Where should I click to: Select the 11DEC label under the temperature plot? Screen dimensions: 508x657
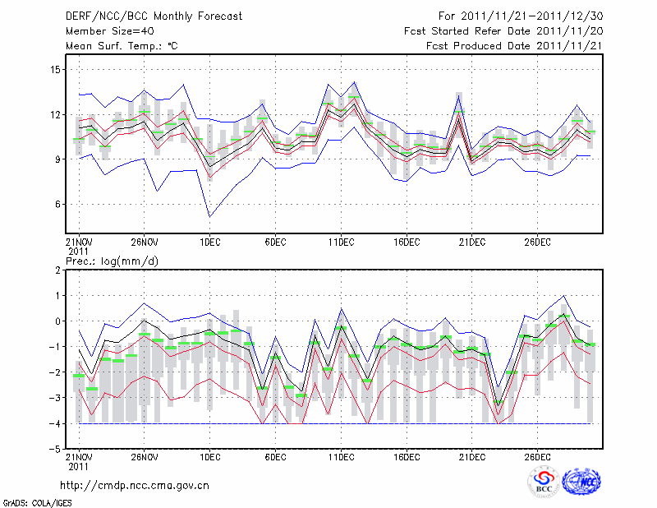pos(341,242)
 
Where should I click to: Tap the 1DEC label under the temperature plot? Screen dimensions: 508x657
pos(209,242)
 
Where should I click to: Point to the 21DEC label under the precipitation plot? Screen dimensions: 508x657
pos(472,455)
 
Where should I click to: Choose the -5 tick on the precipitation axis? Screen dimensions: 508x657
pos(56,449)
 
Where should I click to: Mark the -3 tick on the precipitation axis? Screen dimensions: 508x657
pos(56,398)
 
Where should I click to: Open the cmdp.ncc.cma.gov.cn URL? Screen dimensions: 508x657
pos(135,485)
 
